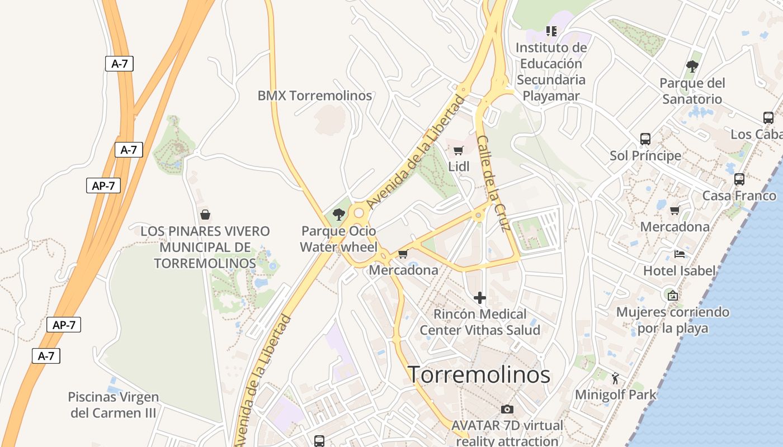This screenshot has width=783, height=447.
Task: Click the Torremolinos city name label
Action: pos(479,374)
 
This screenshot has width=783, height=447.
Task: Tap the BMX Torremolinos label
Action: pos(314,96)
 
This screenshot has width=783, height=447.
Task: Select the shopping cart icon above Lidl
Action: pos(459,150)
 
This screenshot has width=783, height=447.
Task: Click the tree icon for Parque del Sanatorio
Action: pos(692,66)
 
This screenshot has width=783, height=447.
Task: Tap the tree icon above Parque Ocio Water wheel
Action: pos(338,214)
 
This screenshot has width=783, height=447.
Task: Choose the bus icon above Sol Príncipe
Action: pos(645,139)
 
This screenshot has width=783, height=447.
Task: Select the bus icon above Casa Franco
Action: pos(739,179)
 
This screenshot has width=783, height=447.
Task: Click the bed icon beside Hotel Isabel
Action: pos(680,254)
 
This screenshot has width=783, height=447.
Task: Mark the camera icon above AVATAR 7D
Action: pos(507,410)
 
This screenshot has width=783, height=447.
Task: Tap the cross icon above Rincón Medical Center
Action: pos(479,298)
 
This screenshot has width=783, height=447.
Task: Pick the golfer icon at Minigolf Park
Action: pos(616,378)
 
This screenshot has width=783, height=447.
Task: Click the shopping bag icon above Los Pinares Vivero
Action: pos(205,214)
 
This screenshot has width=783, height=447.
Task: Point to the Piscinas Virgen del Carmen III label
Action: pos(114,405)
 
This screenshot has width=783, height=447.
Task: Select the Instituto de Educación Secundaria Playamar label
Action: pos(551,72)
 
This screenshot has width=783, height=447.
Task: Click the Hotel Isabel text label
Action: pos(680,271)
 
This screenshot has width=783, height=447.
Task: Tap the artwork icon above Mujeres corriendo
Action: pos(673,295)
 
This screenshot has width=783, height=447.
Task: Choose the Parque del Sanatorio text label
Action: pos(692,91)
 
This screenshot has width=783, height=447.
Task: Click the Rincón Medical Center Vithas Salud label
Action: pos(480,322)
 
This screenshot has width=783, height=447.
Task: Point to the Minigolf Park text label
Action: pos(616,394)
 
